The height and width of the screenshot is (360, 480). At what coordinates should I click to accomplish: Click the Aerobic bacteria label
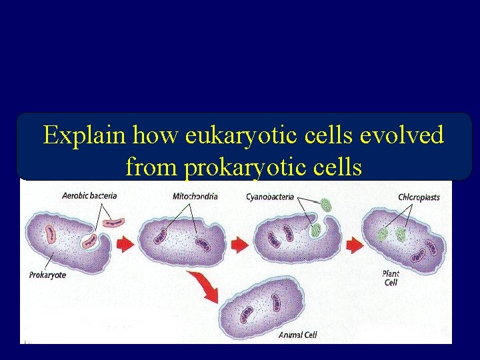click(x=89, y=196)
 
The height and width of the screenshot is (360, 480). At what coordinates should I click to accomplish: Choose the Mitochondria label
click(x=195, y=196)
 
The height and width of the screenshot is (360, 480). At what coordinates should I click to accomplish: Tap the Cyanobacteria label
click(x=270, y=197)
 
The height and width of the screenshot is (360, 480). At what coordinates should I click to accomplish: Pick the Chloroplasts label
click(x=419, y=197)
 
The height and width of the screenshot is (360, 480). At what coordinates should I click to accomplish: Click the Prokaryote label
click(x=47, y=275)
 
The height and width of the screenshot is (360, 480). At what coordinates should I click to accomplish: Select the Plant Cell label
click(x=391, y=277)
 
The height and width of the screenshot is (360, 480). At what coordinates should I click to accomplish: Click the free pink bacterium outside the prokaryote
click(x=113, y=221)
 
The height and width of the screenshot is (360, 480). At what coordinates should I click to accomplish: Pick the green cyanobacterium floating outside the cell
click(x=325, y=205)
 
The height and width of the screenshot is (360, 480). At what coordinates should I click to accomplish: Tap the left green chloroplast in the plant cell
click(x=383, y=234)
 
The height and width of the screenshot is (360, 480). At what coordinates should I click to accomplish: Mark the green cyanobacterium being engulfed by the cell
click(x=316, y=230)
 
